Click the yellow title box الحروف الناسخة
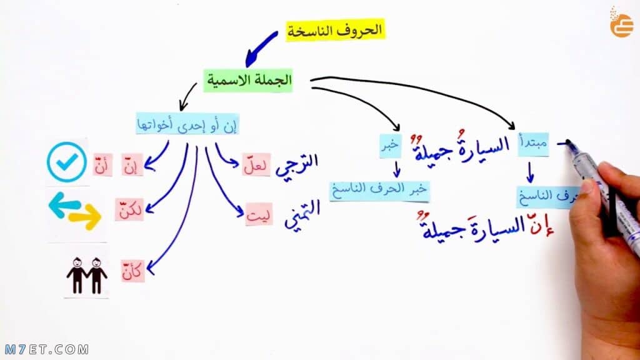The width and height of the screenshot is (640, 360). pos(335,30)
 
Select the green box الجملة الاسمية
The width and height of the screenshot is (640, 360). pos(248,80)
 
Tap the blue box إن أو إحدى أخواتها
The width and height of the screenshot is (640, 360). pos(187,124)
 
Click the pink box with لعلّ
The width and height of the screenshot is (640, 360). pos(256,165)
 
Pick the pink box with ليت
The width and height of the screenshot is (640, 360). pos(259,215)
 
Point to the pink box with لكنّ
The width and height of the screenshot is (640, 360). pos(129,210)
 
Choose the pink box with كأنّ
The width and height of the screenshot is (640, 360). pos(132,271)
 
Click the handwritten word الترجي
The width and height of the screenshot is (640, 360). pos(297,165)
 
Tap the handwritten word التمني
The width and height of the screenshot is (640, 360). pos(302,214)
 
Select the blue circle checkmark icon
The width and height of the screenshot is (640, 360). pos(67,162)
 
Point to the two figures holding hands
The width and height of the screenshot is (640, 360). pos(86,276)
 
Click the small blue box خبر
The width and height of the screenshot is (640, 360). pos(390,146)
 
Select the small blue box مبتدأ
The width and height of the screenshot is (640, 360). pos(533,144)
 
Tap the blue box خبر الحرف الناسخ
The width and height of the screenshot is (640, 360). pos(379,191)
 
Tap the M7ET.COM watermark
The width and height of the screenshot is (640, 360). pos(47,349)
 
